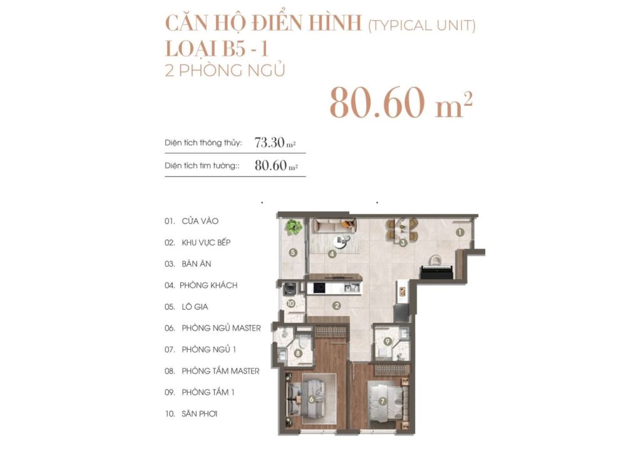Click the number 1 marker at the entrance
(x=459, y=232)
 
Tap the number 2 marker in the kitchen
(x=337, y=306)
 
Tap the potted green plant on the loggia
(x=291, y=227)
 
